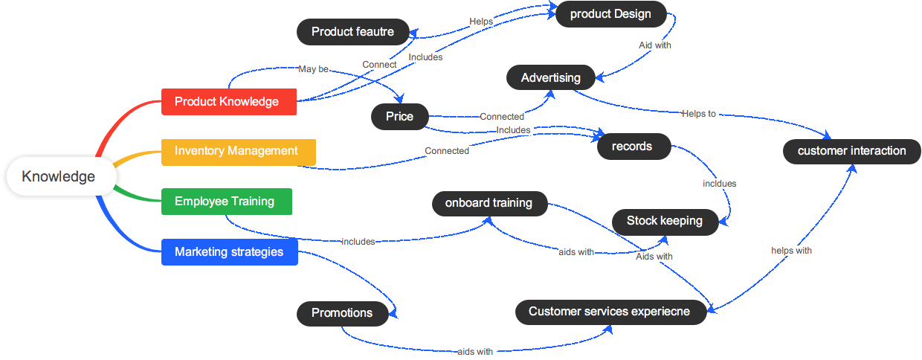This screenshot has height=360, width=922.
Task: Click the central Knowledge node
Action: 59,176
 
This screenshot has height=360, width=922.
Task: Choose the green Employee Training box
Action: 226,202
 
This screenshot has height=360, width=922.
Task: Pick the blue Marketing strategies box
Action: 229,252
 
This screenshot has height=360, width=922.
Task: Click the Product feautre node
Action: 352,31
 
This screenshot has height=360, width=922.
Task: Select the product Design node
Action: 610,14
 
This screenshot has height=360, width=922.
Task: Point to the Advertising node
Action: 551,78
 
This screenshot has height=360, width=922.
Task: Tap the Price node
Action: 399,117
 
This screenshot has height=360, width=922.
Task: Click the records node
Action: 633,147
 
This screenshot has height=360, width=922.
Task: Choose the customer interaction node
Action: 851,151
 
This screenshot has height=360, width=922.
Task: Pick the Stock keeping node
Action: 665,221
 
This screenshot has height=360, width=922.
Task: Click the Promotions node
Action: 342,313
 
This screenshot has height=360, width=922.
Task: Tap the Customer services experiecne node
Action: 610,312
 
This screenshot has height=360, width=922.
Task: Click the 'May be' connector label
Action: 313,69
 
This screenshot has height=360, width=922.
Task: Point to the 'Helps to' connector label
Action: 698,114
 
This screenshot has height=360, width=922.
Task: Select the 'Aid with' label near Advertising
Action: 654,45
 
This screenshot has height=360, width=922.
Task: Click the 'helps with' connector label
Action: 791,251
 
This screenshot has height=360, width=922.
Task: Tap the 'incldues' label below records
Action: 719,183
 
